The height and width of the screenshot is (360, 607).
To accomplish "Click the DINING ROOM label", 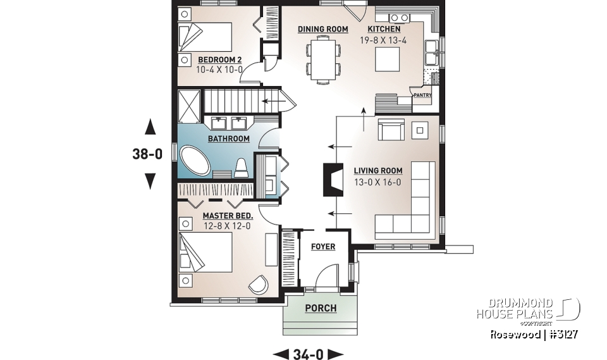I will point(322,29).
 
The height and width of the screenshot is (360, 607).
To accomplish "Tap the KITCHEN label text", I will point(384,29).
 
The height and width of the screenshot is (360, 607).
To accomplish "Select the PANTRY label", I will point(422,96).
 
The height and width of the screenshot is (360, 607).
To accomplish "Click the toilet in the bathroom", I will point(241,168).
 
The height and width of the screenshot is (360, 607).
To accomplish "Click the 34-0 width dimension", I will point(307,354).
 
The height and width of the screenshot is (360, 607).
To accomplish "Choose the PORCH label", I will point(321,309).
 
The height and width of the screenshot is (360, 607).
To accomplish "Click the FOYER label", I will point(322,247).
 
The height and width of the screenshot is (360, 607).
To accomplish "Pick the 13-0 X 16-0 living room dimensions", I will point(378,182).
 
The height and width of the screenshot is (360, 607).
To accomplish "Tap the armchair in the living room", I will point(391,131).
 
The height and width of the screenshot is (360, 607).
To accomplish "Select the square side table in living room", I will point(420,130).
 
